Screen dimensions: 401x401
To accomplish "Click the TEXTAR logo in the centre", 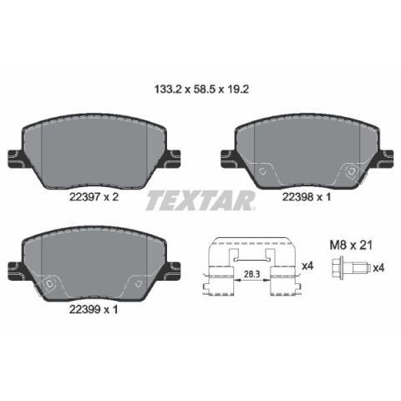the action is point(201,200).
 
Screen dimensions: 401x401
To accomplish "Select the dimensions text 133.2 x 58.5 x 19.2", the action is point(201,89).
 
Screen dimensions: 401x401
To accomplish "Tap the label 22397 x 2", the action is point(94,197).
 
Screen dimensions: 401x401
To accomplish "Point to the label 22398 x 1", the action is point(307,197).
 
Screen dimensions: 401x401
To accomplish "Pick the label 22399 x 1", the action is point(94,310).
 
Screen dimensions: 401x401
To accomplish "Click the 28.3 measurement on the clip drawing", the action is point(251,274).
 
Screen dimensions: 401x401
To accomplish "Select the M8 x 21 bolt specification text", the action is point(351,246).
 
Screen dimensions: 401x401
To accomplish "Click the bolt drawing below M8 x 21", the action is point(351,268).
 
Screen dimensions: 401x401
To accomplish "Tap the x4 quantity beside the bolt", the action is point(378,268).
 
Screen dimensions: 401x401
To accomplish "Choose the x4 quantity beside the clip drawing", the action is point(307,266).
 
